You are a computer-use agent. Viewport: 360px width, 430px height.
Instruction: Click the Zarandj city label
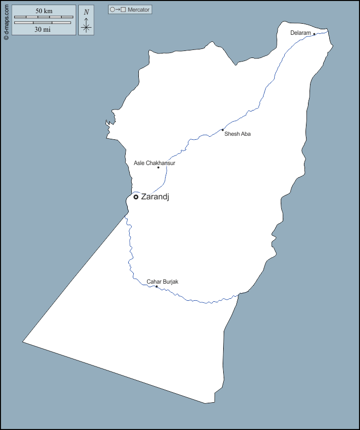click(155, 197)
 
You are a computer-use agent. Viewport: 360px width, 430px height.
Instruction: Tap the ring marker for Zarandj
click(136, 197)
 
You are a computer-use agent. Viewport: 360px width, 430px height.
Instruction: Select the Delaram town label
click(300, 33)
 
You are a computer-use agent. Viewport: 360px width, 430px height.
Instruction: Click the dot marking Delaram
click(314, 34)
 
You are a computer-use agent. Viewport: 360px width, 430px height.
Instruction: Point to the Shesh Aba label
click(237, 134)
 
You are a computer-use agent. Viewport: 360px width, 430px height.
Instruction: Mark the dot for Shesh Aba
click(223, 130)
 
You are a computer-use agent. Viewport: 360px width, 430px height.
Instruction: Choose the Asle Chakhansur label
click(155, 163)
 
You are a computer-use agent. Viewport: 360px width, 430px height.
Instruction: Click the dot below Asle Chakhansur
click(158, 168)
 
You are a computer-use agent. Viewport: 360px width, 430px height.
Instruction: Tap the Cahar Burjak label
click(163, 282)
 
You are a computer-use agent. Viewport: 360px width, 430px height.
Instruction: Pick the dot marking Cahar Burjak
click(157, 287)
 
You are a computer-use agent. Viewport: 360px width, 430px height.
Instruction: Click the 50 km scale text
click(44, 11)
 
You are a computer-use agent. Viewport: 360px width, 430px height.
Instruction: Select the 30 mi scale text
click(42, 29)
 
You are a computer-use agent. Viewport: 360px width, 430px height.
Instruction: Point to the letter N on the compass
click(86, 12)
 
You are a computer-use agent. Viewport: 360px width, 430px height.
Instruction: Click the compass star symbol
click(86, 27)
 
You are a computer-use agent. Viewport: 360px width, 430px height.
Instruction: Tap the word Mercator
click(139, 10)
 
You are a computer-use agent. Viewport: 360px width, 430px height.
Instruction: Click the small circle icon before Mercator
click(112, 10)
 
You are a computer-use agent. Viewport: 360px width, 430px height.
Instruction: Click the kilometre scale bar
click(43, 17)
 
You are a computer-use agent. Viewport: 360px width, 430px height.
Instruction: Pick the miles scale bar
click(42, 23)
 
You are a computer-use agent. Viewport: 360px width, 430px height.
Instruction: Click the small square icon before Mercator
click(123, 10)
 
